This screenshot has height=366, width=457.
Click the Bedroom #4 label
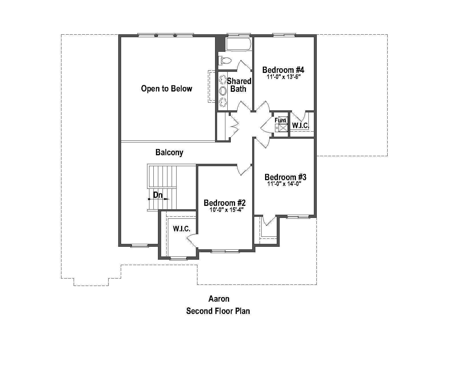pyautogui.click(x=283, y=70)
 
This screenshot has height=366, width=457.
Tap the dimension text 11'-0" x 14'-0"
pyautogui.click(x=284, y=184)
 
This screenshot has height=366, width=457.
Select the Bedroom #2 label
pyautogui.click(x=225, y=203)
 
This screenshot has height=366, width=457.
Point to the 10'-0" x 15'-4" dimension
pyautogui.click(x=226, y=210)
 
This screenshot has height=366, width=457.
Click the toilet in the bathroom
pyautogui.click(x=225, y=61)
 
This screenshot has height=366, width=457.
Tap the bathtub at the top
pyautogui.click(x=238, y=44)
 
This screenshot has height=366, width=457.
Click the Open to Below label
pyautogui.click(x=167, y=89)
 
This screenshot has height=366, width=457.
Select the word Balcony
pyautogui.click(x=169, y=152)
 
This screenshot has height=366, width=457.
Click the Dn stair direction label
pyautogui.click(x=158, y=195)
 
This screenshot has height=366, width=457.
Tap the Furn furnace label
pyautogui.click(x=280, y=120)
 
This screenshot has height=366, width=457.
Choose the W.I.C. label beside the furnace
pyautogui.click(x=300, y=126)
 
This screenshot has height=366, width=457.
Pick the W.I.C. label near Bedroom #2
pyautogui.click(x=181, y=229)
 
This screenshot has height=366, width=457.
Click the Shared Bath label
pyautogui.click(x=239, y=85)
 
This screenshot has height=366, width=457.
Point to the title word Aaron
pyautogui.click(x=219, y=299)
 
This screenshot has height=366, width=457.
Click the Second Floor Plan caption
pyautogui.click(x=218, y=311)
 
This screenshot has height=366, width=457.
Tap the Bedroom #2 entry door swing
pyautogui.click(x=243, y=170)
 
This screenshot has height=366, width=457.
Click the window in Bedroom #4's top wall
pyautogui.click(x=284, y=35)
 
